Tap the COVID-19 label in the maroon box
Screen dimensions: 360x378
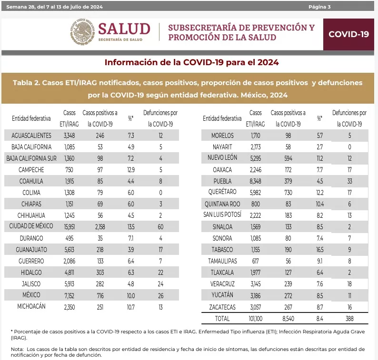click(348, 34)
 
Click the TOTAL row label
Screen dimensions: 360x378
click(222, 318)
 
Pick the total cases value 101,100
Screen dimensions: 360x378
click(255, 318)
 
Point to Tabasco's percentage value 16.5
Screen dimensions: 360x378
click(319, 249)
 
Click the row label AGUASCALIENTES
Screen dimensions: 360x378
click(31, 136)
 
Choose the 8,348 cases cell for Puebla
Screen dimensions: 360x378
click(255, 181)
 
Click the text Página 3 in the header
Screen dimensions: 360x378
click(319, 7)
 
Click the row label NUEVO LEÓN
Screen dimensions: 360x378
click(222, 158)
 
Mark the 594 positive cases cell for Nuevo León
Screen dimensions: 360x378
click(288, 158)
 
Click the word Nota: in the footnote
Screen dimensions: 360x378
click(18, 350)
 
